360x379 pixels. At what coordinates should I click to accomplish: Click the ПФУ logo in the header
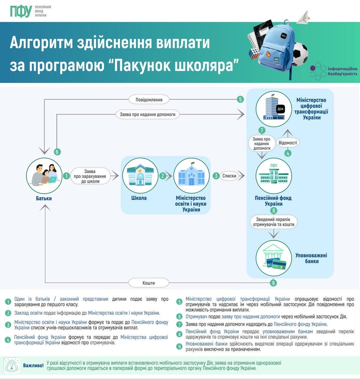tap(21, 11)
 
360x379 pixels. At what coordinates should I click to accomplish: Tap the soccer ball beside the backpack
tap(300, 54)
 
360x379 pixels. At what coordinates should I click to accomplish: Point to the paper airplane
tap(303, 16)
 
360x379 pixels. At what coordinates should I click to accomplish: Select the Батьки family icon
tap(44, 176)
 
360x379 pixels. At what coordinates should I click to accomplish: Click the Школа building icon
tap(140, 176)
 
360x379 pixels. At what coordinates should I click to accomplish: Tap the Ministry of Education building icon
tap(191, 176)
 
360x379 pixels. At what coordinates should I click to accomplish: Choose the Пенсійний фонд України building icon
tap(274, 176)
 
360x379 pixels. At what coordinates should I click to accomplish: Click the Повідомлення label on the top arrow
tap(149, 100)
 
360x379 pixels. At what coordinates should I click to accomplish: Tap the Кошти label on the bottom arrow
tap(149, 283)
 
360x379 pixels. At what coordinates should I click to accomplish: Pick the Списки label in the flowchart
tap(229, 176)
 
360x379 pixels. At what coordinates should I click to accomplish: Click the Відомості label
tap(287, 143)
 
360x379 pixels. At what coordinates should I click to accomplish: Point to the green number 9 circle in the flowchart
tap(274, 283)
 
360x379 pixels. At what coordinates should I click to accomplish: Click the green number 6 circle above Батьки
tap(57, 152)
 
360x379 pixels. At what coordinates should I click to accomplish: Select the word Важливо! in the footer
tap(33, 365)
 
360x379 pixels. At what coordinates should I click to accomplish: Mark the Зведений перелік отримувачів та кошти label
tap(273, 222)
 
